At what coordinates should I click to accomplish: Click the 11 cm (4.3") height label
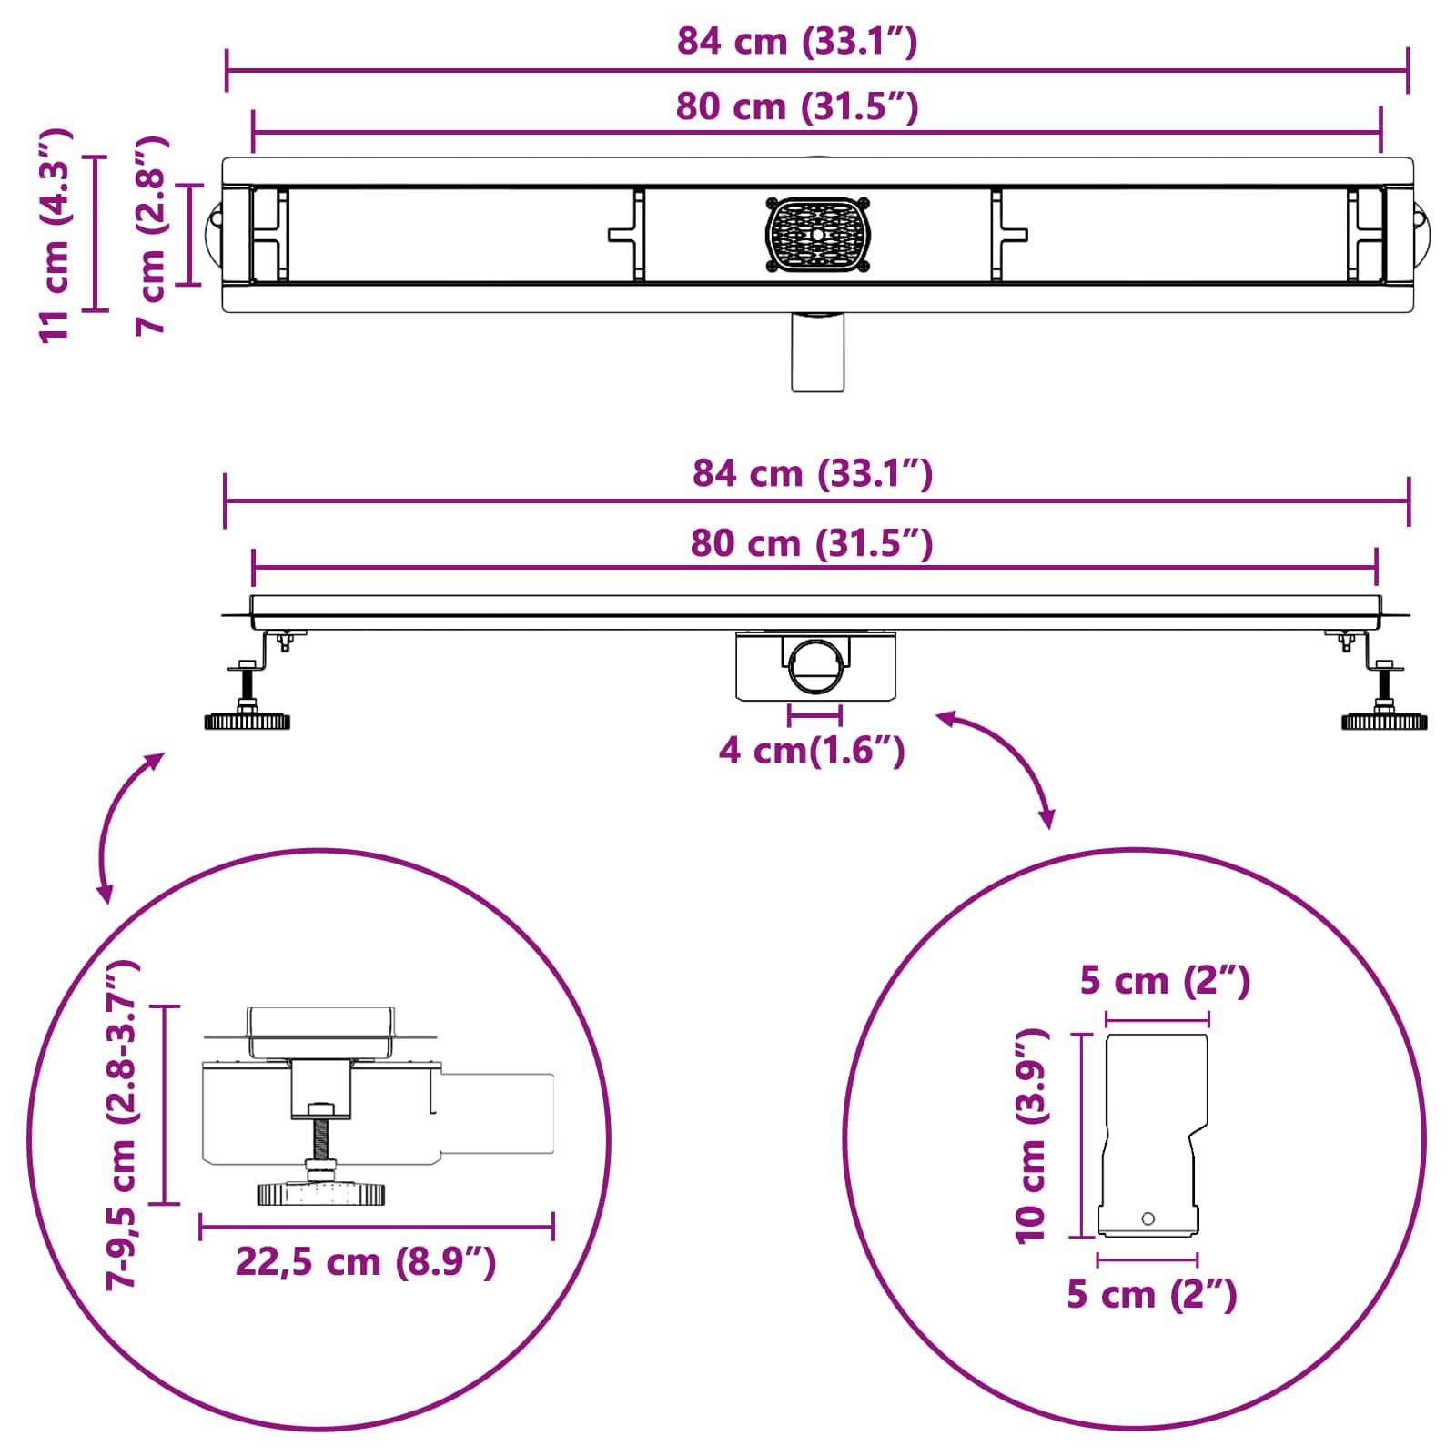pos(55,235)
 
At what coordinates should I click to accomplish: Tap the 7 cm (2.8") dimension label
pos(151,235)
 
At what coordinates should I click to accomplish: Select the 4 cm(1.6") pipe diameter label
pos(811,752)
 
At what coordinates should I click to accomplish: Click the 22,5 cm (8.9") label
pos(365,1262)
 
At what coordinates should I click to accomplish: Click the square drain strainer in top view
pos(816,235)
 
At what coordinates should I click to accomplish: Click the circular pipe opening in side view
pos(815,670)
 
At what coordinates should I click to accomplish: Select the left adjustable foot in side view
pos(248,705)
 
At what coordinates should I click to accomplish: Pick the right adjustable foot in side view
pos(1384,705)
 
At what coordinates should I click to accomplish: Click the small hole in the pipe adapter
pos(1148,1218)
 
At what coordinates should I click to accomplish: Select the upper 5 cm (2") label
pos(1164,981)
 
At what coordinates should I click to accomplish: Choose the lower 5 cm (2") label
pos(1151,1295)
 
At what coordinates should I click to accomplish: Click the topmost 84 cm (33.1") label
pos(796,42)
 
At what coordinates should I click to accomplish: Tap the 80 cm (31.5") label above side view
pos(811,543)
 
